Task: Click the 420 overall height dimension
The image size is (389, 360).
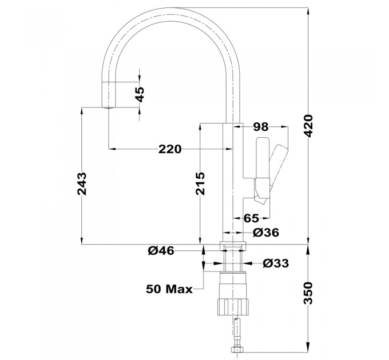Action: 309,126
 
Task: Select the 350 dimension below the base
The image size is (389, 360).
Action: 309,293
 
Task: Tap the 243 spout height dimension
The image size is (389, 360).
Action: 82,184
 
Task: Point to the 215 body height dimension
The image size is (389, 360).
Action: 200,183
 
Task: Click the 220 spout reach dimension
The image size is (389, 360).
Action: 170,149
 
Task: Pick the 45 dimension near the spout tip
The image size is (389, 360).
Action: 140,94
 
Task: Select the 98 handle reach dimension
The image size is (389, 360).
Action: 261,127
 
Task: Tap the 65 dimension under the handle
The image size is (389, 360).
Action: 251,218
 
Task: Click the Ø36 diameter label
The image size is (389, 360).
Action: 266,233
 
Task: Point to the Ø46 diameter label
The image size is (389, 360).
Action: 161,251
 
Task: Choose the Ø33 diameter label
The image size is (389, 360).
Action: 276,263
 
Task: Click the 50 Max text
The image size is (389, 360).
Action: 169,289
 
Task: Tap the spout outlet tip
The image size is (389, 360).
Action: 109,108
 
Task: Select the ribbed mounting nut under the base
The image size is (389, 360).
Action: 232,307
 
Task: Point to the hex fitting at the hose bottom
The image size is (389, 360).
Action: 236,350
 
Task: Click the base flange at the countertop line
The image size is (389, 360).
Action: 232,246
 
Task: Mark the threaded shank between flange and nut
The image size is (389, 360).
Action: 232,261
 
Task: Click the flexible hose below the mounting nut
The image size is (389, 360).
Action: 237,331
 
